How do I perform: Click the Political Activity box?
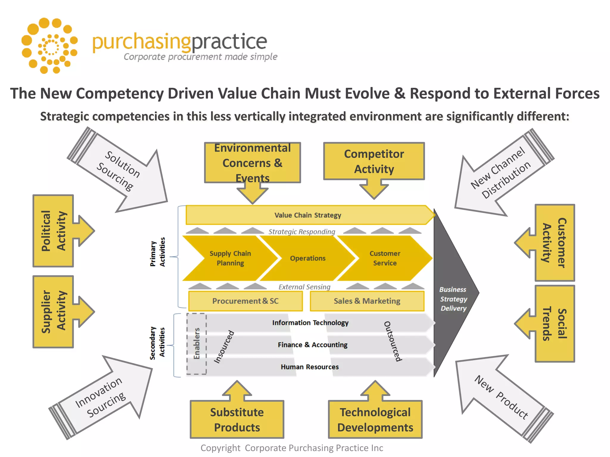pyautogui.click(x=53, y=231)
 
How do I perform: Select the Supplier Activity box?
pyautogui.click(x=53, y=312)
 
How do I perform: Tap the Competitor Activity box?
pyautogui.click(x=374, y=161)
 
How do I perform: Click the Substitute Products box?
pyautogui.click(x=237, y=420)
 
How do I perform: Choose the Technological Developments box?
pyautogui.click(x=375, y=420)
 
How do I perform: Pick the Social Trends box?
pyautogui.click(x=555, y=323)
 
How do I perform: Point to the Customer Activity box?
pyautogui.click(x=555, y=242)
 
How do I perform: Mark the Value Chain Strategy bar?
pyautogui.click(x=308, y=215)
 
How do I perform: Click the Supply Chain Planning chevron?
pyautogui.click(x=230, y=258)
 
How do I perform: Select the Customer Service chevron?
pyautogui.click(x=385, y=258)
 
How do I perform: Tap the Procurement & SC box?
pyautogui.click(x=245, y=301)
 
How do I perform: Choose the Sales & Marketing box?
pyautogui.click(x=367, y=301)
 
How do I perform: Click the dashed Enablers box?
pyautogui.click(x=197, y=344)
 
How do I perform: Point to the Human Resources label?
pyautogui.click(x=310, y=367)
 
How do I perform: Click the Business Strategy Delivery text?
pyautogui.click(x=453, y=299)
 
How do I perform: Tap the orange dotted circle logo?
pyautogui.click(x=50, y=46)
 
